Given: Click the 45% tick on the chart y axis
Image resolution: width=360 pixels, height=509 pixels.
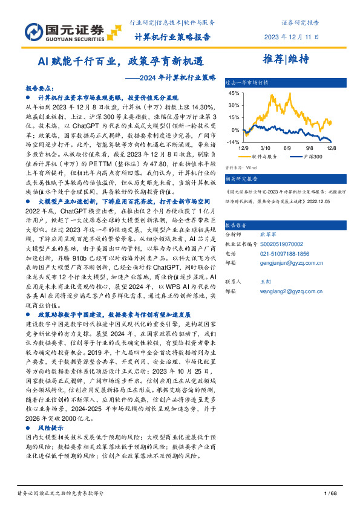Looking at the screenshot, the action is [234, 94].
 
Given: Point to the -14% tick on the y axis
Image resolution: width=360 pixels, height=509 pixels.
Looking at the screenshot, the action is [234, 142].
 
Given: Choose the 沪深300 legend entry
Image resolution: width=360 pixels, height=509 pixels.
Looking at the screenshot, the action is [311, 157].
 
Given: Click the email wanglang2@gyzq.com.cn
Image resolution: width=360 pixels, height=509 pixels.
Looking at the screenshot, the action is [291, 291].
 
